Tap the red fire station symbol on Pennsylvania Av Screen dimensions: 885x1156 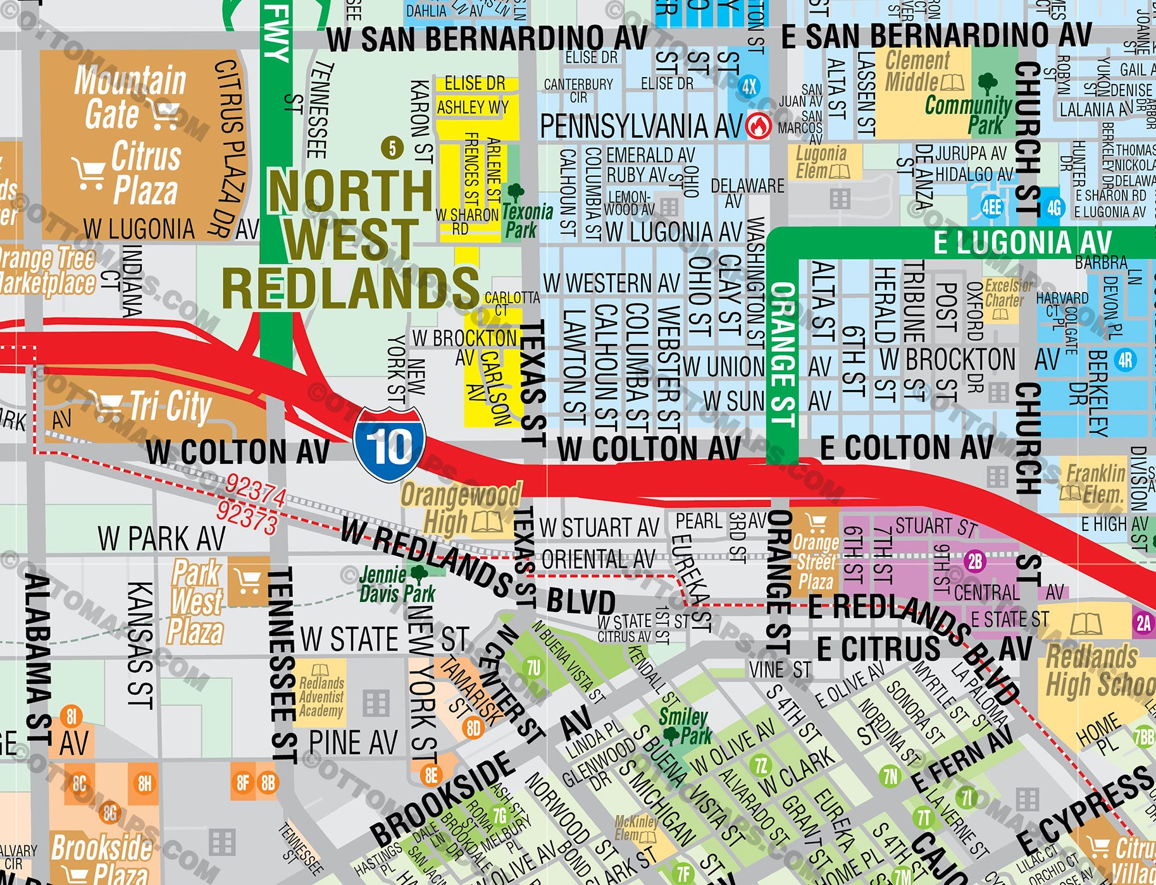pyautogui.click(x=757, y=125)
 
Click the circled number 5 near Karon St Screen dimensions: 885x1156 pyautogui.click(x=392, y=149)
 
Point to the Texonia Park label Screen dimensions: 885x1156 pyautogui.click(x=526, y=221)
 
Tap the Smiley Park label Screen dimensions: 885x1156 pyautogui.click(x=685, y=726)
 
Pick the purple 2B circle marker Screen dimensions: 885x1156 pyautogui.click(x=975, y=561)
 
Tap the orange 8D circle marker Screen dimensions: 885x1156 pyautogui.click(x=473, y=728)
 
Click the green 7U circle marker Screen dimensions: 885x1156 pyautogui.click(x=533, y=668)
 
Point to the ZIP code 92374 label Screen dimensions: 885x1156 pyautogui.click(x=256, y=490)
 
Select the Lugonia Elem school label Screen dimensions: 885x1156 pyautogui.click(x=821, y=162)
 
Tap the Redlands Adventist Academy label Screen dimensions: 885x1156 pyautogui.click(x=321, y=696)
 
